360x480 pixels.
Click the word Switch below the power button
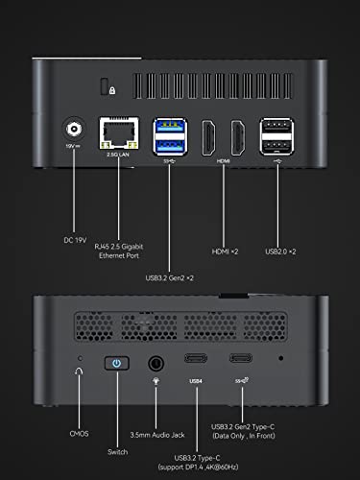117,449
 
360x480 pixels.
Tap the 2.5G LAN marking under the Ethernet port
113,161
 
